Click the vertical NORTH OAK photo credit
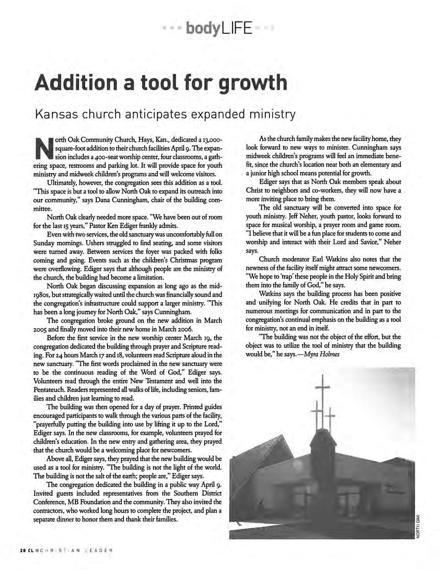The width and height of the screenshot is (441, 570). [x=418, y=527]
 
